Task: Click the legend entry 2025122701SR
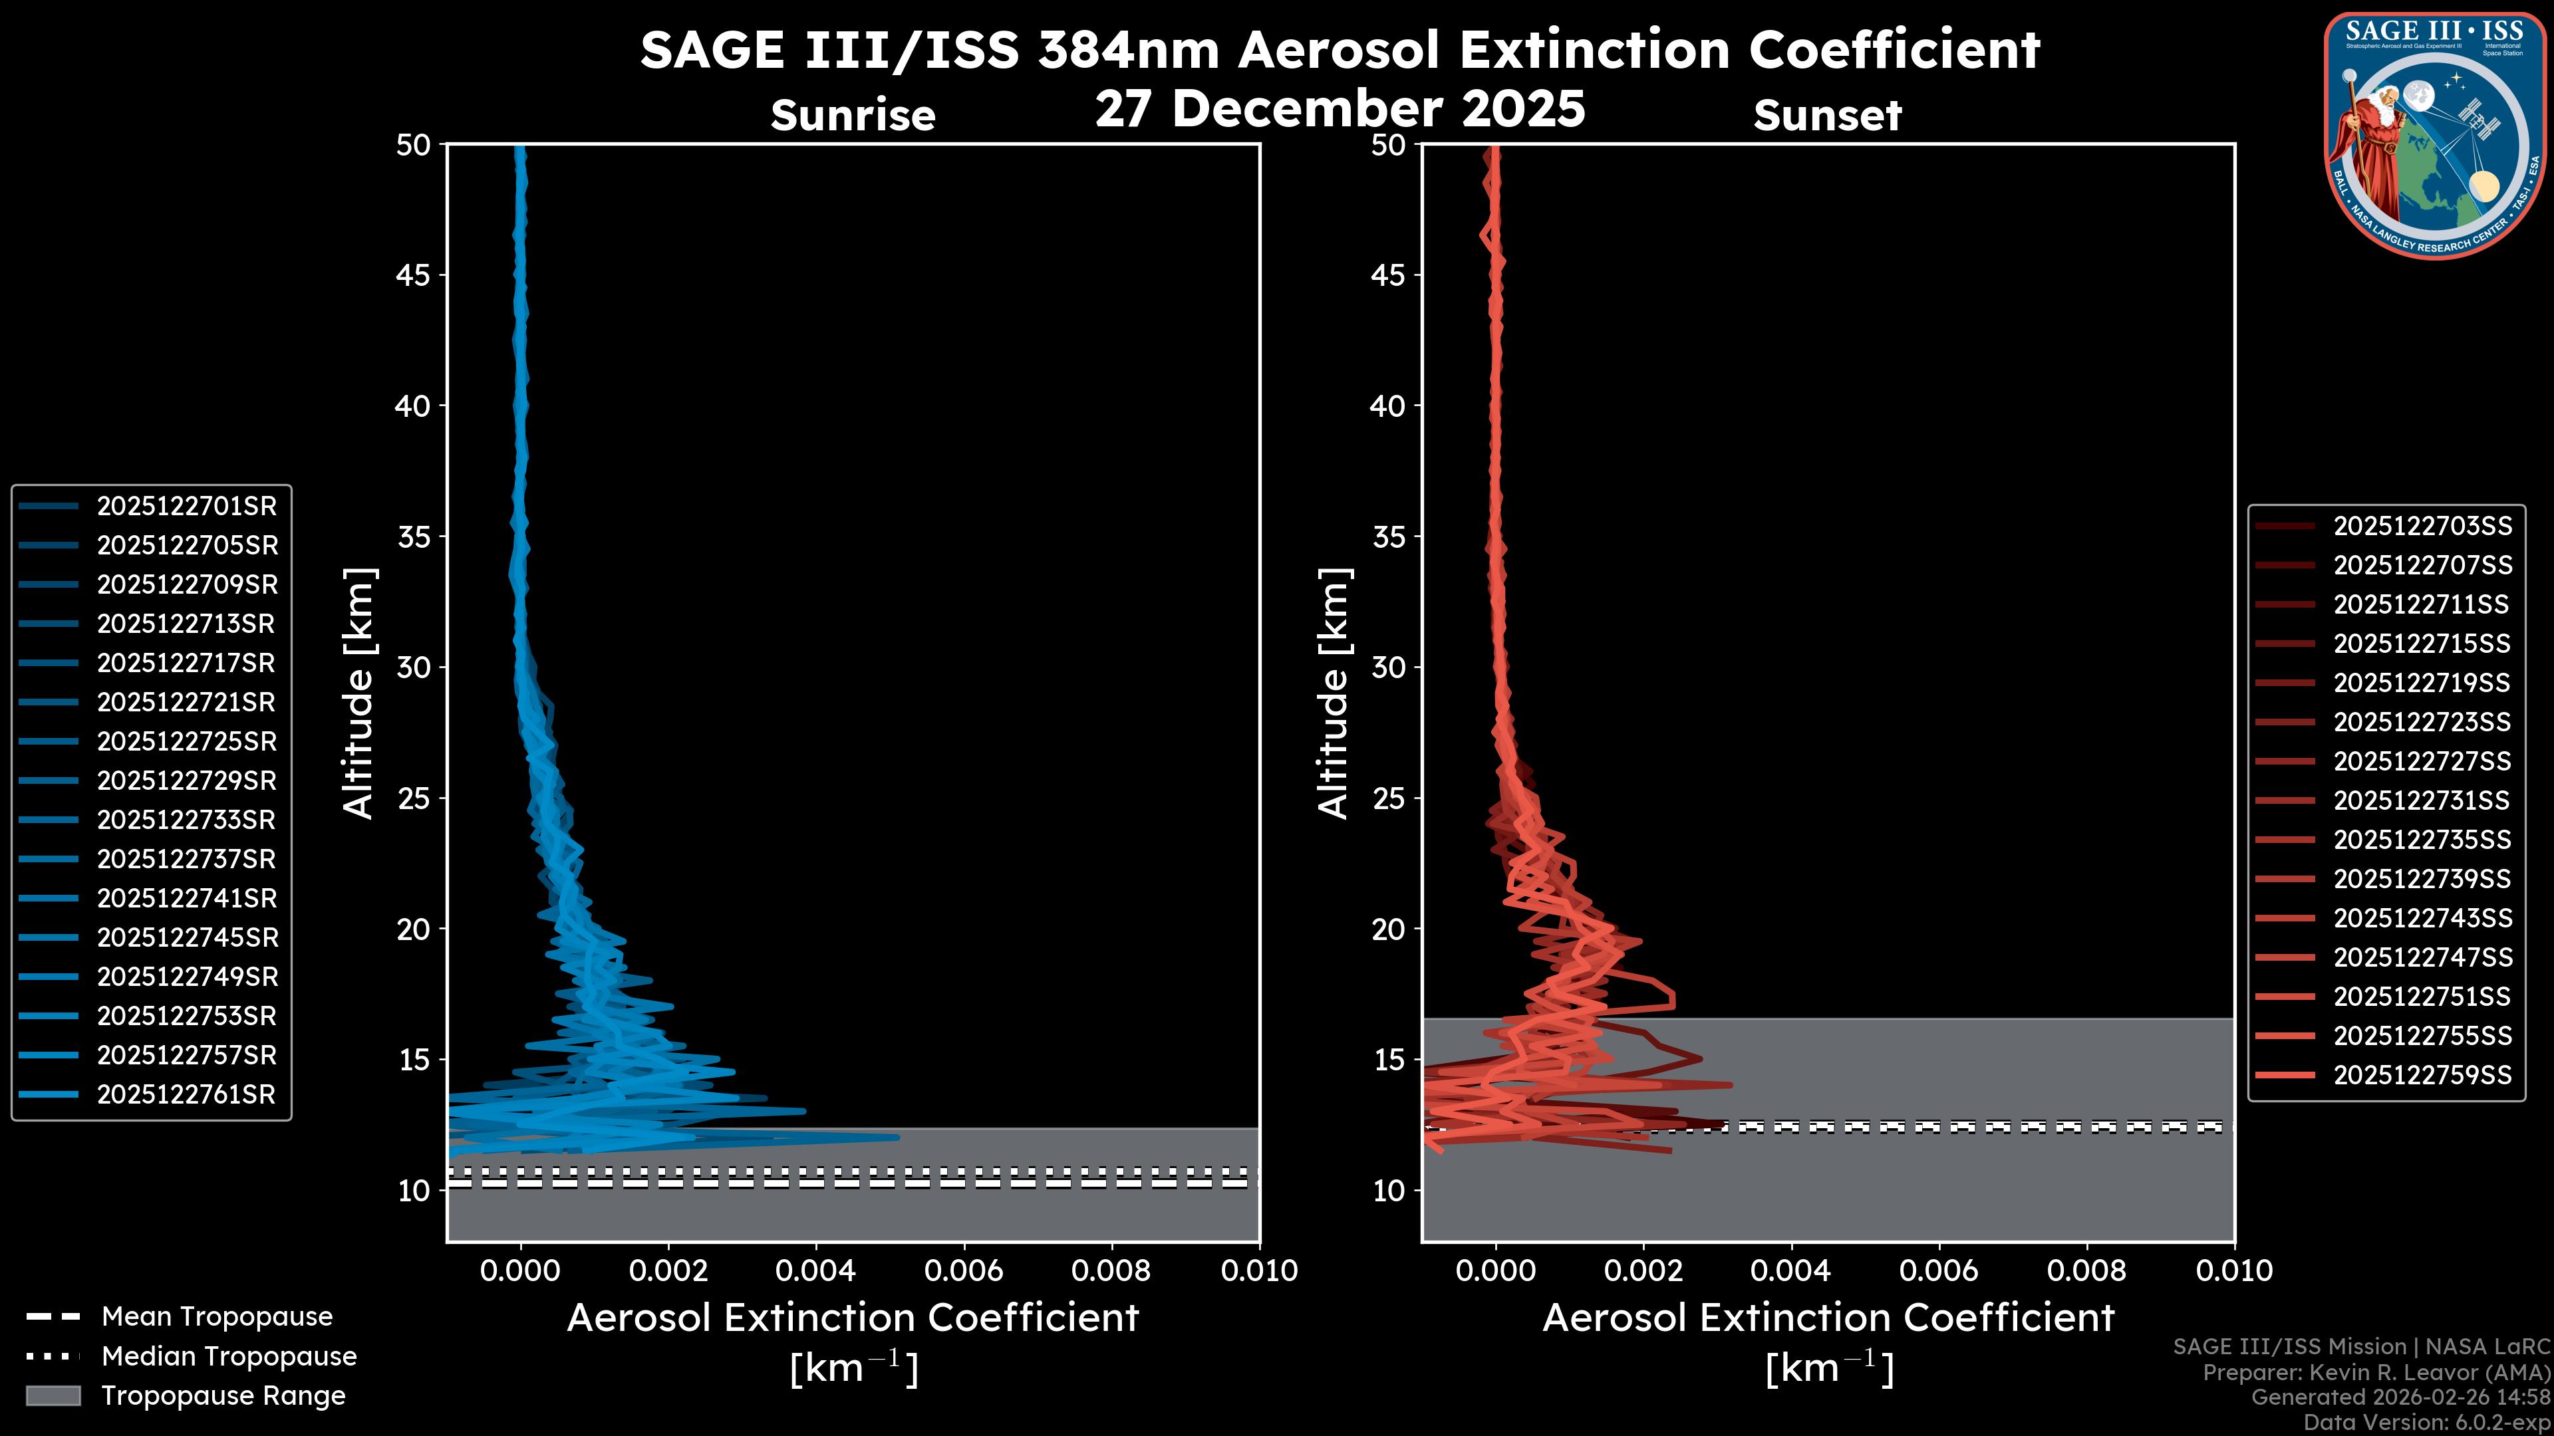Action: coord(186,507)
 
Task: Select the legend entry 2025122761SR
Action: coord(186,1095)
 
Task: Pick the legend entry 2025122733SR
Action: coord(186,820)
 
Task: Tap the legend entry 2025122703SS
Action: coord(2422,527)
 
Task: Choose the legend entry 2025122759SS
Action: coord(2422,1075)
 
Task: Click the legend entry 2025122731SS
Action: coord(2422,800)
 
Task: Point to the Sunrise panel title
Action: coord(853,116)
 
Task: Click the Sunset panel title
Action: coord(1827,116)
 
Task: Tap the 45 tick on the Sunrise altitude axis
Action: coord(414,275)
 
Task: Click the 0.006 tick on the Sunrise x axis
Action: coord(964,1270)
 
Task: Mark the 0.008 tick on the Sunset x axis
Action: coord(2087,1270)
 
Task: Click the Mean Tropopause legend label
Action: coord(217,1317)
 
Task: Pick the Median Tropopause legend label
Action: coord(229,1357)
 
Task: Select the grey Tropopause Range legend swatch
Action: coord(53,1396)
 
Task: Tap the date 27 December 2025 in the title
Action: coord(1340,109)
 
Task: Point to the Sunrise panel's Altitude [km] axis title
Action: coord(358,693)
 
